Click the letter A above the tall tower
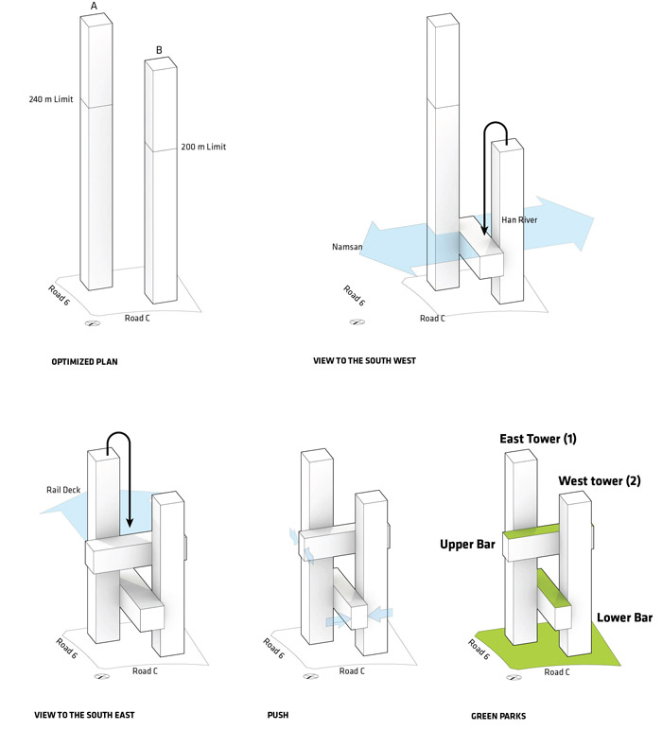94,8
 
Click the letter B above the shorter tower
159,50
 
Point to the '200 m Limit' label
203,147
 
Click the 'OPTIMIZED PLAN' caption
84,361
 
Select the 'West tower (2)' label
599,481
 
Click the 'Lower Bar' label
624,617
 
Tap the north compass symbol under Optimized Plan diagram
93,323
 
